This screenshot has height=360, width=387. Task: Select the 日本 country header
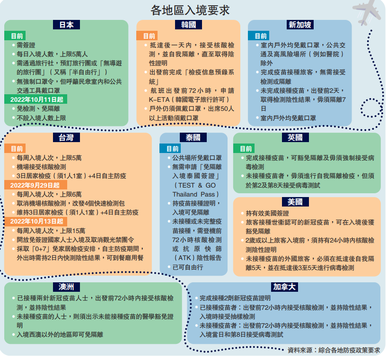coord(66,25)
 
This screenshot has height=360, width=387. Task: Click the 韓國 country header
coord(188,25)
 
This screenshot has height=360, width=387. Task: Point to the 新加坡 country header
coord(300,25)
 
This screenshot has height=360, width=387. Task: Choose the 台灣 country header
coord(66,137)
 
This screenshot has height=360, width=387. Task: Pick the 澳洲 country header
coord(66,287)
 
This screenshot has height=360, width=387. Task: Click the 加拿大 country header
coord(283,287)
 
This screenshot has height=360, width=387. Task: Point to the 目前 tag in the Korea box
coord(149,36)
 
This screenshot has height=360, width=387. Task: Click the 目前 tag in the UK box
coord(246,148)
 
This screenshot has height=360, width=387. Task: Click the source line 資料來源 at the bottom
coord(334,350)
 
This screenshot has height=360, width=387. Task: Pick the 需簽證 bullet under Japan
coord(26,45)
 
